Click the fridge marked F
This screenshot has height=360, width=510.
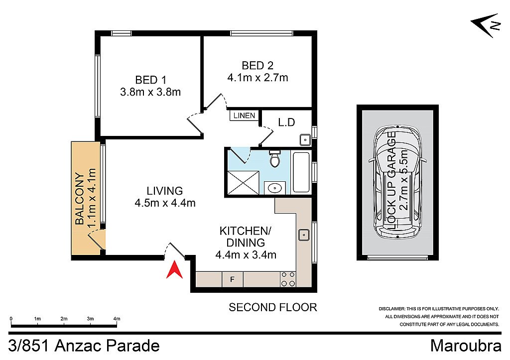tap(232, 279)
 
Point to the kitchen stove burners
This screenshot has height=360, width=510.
tap(287, 279)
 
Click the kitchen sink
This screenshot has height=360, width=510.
tap(303, 234)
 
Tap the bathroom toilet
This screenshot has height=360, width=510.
tap(274, 159)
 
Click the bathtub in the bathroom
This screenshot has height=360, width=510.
tap(301, 172)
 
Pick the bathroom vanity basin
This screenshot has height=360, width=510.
tap(274, 188)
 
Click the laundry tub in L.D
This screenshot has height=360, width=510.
tap(304, 139)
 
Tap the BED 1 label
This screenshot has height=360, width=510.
tap(150, 80)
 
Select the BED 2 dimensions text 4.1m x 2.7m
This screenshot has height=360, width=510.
tap(257, 78)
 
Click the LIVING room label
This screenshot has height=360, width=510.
tap(164, 191)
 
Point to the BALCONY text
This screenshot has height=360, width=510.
tap(79, 199)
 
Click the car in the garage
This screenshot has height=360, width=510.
tap(398, 182)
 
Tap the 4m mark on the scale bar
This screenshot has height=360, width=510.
tap(117, 319)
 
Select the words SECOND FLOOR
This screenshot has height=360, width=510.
tap(272, 307)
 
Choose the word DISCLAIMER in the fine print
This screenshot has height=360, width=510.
tap(392, 309)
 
